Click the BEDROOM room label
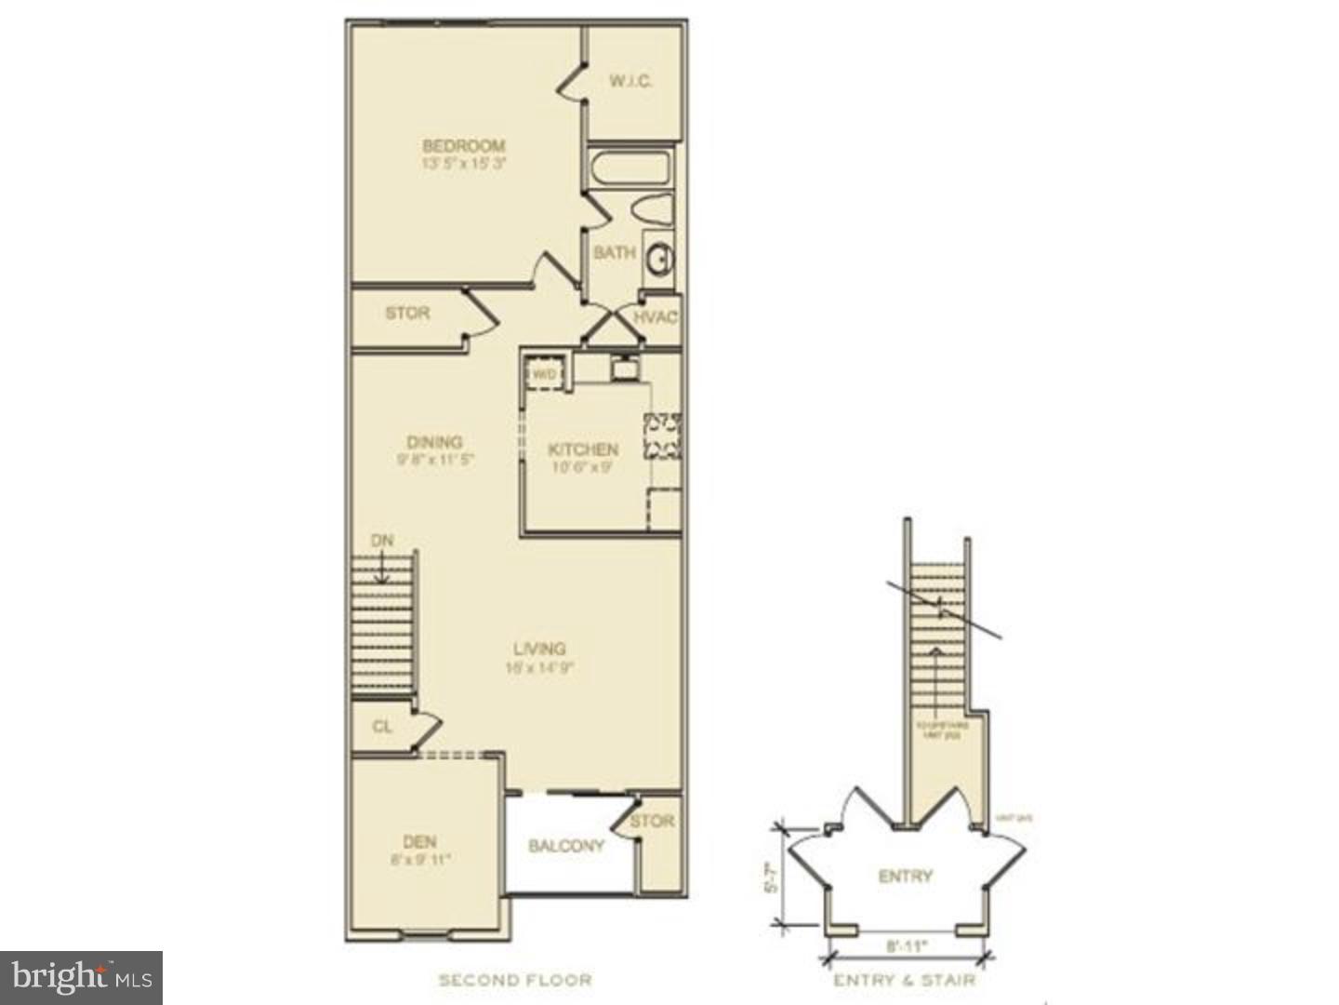tap(463, 146)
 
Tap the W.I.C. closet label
tap(630, 82)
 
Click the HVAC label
tap(656, 317)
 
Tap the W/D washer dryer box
tap(544, 373)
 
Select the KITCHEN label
tap(583, 449)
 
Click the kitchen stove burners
tap(663, 436)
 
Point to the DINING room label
tap(434, 442)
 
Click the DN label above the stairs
tap(382, 541)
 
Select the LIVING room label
tap(539, 649)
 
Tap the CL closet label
tap(382, 727)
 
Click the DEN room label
tap(420, 841)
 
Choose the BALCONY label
tap(566, 846)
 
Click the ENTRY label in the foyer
tap(905, 876)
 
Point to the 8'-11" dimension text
tap(907, 947)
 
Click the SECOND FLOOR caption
tap(515, 980)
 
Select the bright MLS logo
tap(82, 977)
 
